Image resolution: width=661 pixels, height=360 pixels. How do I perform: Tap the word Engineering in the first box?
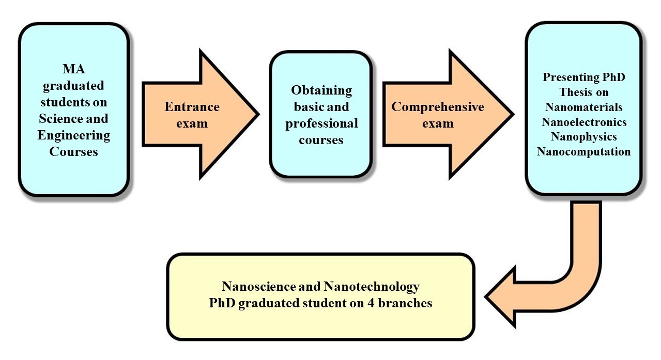point(74,136)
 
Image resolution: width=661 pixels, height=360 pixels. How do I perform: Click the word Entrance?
point(192,107)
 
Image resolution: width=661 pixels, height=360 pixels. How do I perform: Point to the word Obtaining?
point(321,90)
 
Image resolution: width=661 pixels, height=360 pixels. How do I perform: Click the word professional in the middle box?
point(321,124)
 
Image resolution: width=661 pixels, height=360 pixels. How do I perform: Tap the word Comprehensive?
point(438,107)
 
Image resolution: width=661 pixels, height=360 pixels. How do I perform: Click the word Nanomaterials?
point(583,107)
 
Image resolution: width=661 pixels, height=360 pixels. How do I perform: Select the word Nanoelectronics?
point(583,122)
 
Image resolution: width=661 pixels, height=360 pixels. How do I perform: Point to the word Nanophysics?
point(583,137)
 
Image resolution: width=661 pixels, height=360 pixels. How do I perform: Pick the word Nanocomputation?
point(583,152)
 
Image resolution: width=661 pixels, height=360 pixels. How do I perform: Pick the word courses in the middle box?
point(321,140)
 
